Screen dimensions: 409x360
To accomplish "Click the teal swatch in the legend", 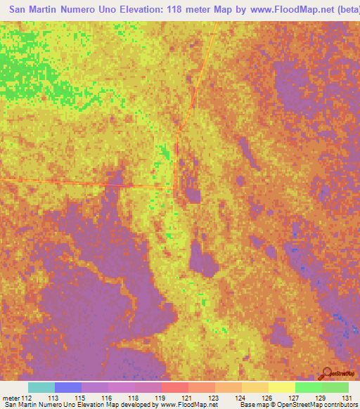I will pos(41,387).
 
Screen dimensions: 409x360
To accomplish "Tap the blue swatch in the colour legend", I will pos(68,387).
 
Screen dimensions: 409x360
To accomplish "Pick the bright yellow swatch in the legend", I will pos(282,387).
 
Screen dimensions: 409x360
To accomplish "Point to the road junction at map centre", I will pos(174,188).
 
